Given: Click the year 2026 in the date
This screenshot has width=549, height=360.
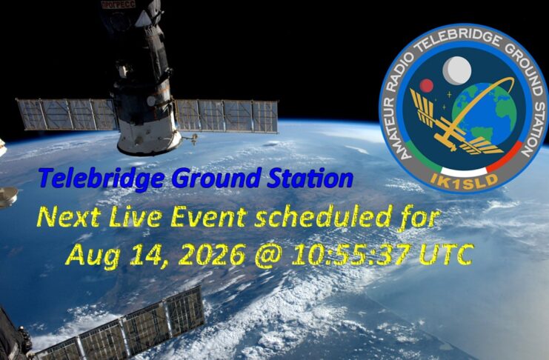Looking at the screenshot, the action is [213, 255].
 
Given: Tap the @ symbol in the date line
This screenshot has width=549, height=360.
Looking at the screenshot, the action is [268, 256].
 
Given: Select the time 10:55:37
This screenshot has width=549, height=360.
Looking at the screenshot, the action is [351, 255].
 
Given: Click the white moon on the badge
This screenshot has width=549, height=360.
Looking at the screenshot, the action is [457, 70].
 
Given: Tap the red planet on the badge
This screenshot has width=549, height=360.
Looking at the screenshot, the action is [427, 85].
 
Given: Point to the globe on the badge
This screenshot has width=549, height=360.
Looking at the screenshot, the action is [485, 113].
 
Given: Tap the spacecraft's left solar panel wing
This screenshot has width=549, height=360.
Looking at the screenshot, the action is [67, 115].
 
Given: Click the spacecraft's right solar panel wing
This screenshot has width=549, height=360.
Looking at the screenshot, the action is [226, 116].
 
